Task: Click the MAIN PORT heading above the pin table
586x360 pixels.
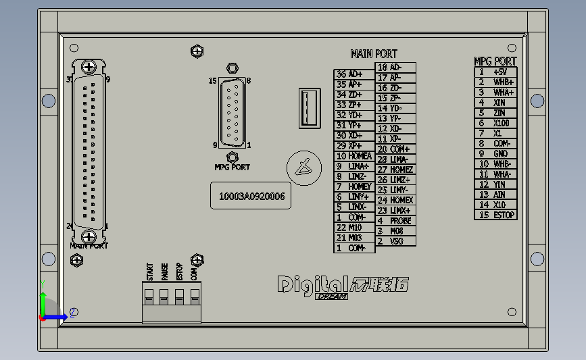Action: pos(374,54)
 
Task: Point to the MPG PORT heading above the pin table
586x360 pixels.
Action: pos(495,61)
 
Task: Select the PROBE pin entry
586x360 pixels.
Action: pos(400,221)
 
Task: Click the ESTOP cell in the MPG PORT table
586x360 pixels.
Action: pos(504,215)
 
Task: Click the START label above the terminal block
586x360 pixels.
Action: pos(149,272)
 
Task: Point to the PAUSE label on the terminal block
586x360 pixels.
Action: pos(164,272)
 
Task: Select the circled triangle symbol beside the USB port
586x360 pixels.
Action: pos(301,168)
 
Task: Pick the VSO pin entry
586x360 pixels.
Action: pos(397,241)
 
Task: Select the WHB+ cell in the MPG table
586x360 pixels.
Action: pos(504,82)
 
